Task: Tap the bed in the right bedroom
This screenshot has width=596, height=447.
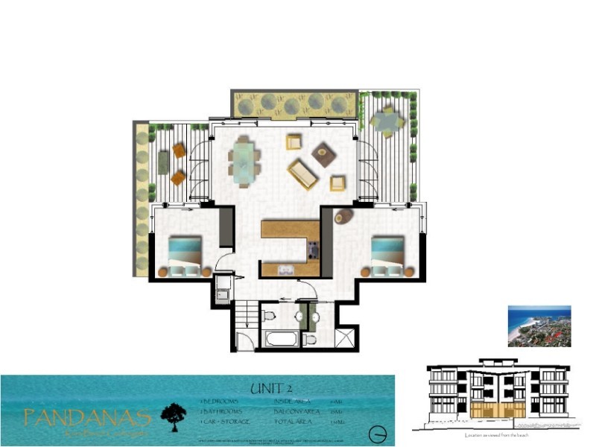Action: tap(387, 256)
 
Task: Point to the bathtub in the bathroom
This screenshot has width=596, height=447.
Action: tap(280, 339)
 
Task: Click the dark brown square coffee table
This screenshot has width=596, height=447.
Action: tap(324, 154)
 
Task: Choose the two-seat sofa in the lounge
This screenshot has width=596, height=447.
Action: tap(303, 174)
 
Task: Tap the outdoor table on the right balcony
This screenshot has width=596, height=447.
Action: tap(387, 121)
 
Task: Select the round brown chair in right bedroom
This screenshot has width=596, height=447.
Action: tap(344, 217)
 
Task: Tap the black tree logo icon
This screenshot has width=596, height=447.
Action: tap(174, 414)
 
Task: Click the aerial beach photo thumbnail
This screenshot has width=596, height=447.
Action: tap(539, 326)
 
